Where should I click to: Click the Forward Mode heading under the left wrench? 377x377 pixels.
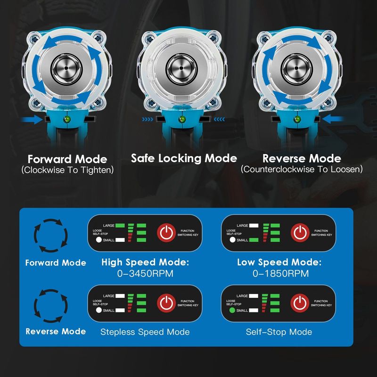67,159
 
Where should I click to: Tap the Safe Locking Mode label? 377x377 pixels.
184,158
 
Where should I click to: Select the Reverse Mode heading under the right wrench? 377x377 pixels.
302,159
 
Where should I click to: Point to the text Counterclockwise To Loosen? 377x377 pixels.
302,169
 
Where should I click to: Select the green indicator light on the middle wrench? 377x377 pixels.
181,120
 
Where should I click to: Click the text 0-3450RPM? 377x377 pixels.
145,273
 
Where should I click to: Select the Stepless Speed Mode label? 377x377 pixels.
145,332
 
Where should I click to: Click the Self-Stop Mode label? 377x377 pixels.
279,332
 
